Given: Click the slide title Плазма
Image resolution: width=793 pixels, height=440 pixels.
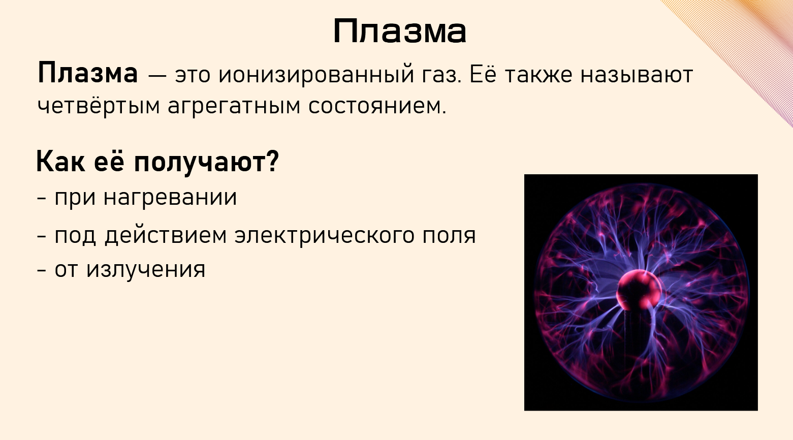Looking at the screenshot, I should coord(400,32).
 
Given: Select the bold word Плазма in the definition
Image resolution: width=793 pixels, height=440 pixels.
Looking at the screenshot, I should coord(87,74).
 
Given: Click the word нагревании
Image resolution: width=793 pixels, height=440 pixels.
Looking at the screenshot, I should coord(170,197).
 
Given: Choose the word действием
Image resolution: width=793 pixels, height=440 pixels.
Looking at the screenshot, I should coord(166,235).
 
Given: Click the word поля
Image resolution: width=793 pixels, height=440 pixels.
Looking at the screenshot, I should coord(449,235).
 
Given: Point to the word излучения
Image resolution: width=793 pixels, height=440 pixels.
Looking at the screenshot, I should coord(146,269).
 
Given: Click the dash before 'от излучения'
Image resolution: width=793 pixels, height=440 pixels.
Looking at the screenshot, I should coord(42,270).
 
